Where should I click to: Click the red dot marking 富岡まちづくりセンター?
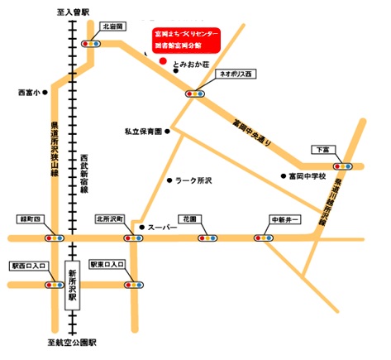tap(163, 61)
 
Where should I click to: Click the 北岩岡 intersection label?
tap(112, 26)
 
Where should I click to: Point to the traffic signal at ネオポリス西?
tap(195, 94)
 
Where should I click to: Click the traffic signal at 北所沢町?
tap(131, 238)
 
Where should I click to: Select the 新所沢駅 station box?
tap(72, 283)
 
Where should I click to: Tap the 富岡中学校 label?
tap(308, 176)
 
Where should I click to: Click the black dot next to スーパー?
tap(141, 227)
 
